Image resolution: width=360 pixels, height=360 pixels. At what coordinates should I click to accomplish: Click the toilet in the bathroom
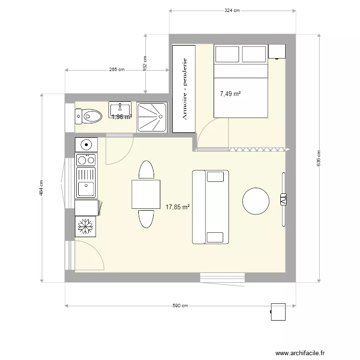coord(89,116)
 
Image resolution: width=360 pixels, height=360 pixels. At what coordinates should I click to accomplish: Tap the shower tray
coord(152,116)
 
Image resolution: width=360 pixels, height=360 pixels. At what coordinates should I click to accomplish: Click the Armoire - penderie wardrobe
coord(184,89)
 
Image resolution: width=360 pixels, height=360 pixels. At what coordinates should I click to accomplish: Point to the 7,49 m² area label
coord(230,94)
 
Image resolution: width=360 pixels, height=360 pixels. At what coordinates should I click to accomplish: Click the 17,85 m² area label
coord(178,207)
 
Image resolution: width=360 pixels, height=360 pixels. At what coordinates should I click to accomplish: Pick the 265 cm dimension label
coord(117,70)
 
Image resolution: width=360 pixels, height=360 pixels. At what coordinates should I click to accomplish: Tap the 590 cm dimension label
coord(180,306)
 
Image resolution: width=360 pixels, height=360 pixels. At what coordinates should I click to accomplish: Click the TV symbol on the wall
coord(283,200)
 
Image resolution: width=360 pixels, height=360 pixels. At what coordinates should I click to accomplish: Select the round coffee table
coord(256,201)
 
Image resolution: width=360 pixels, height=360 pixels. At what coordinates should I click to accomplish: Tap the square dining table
coord(146,194)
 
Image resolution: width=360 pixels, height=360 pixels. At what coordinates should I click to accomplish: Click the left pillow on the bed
coord(226,54)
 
